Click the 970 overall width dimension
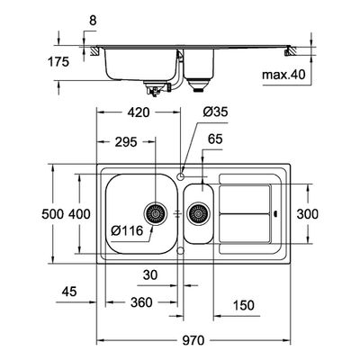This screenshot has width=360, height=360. (194, 340)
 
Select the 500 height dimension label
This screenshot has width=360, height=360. (53, 214)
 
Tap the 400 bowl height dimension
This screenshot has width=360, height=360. (79, 214)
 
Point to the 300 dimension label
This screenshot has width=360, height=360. (308, 214)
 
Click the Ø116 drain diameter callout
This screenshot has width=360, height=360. (127, 230)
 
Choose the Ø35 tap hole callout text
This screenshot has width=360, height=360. (215, 112)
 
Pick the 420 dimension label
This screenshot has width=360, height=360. (139, 112)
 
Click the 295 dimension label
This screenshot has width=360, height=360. (126, 142)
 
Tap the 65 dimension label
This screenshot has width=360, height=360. (215, 139)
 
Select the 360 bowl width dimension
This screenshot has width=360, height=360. (141, 302)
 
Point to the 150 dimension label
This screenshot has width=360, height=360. (243, 305)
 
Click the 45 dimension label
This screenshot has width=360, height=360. (69, 292)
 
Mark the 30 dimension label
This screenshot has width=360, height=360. (150, 274)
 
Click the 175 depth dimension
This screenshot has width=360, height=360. (58, 62)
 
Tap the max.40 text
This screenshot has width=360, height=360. (283, 75)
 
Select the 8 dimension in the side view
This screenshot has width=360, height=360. (93, 21)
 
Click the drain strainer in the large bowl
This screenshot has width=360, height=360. (156, 213)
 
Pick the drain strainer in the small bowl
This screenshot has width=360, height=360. (198, 213)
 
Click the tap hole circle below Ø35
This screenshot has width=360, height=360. (181, 176)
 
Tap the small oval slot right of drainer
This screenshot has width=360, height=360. (276, 214)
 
